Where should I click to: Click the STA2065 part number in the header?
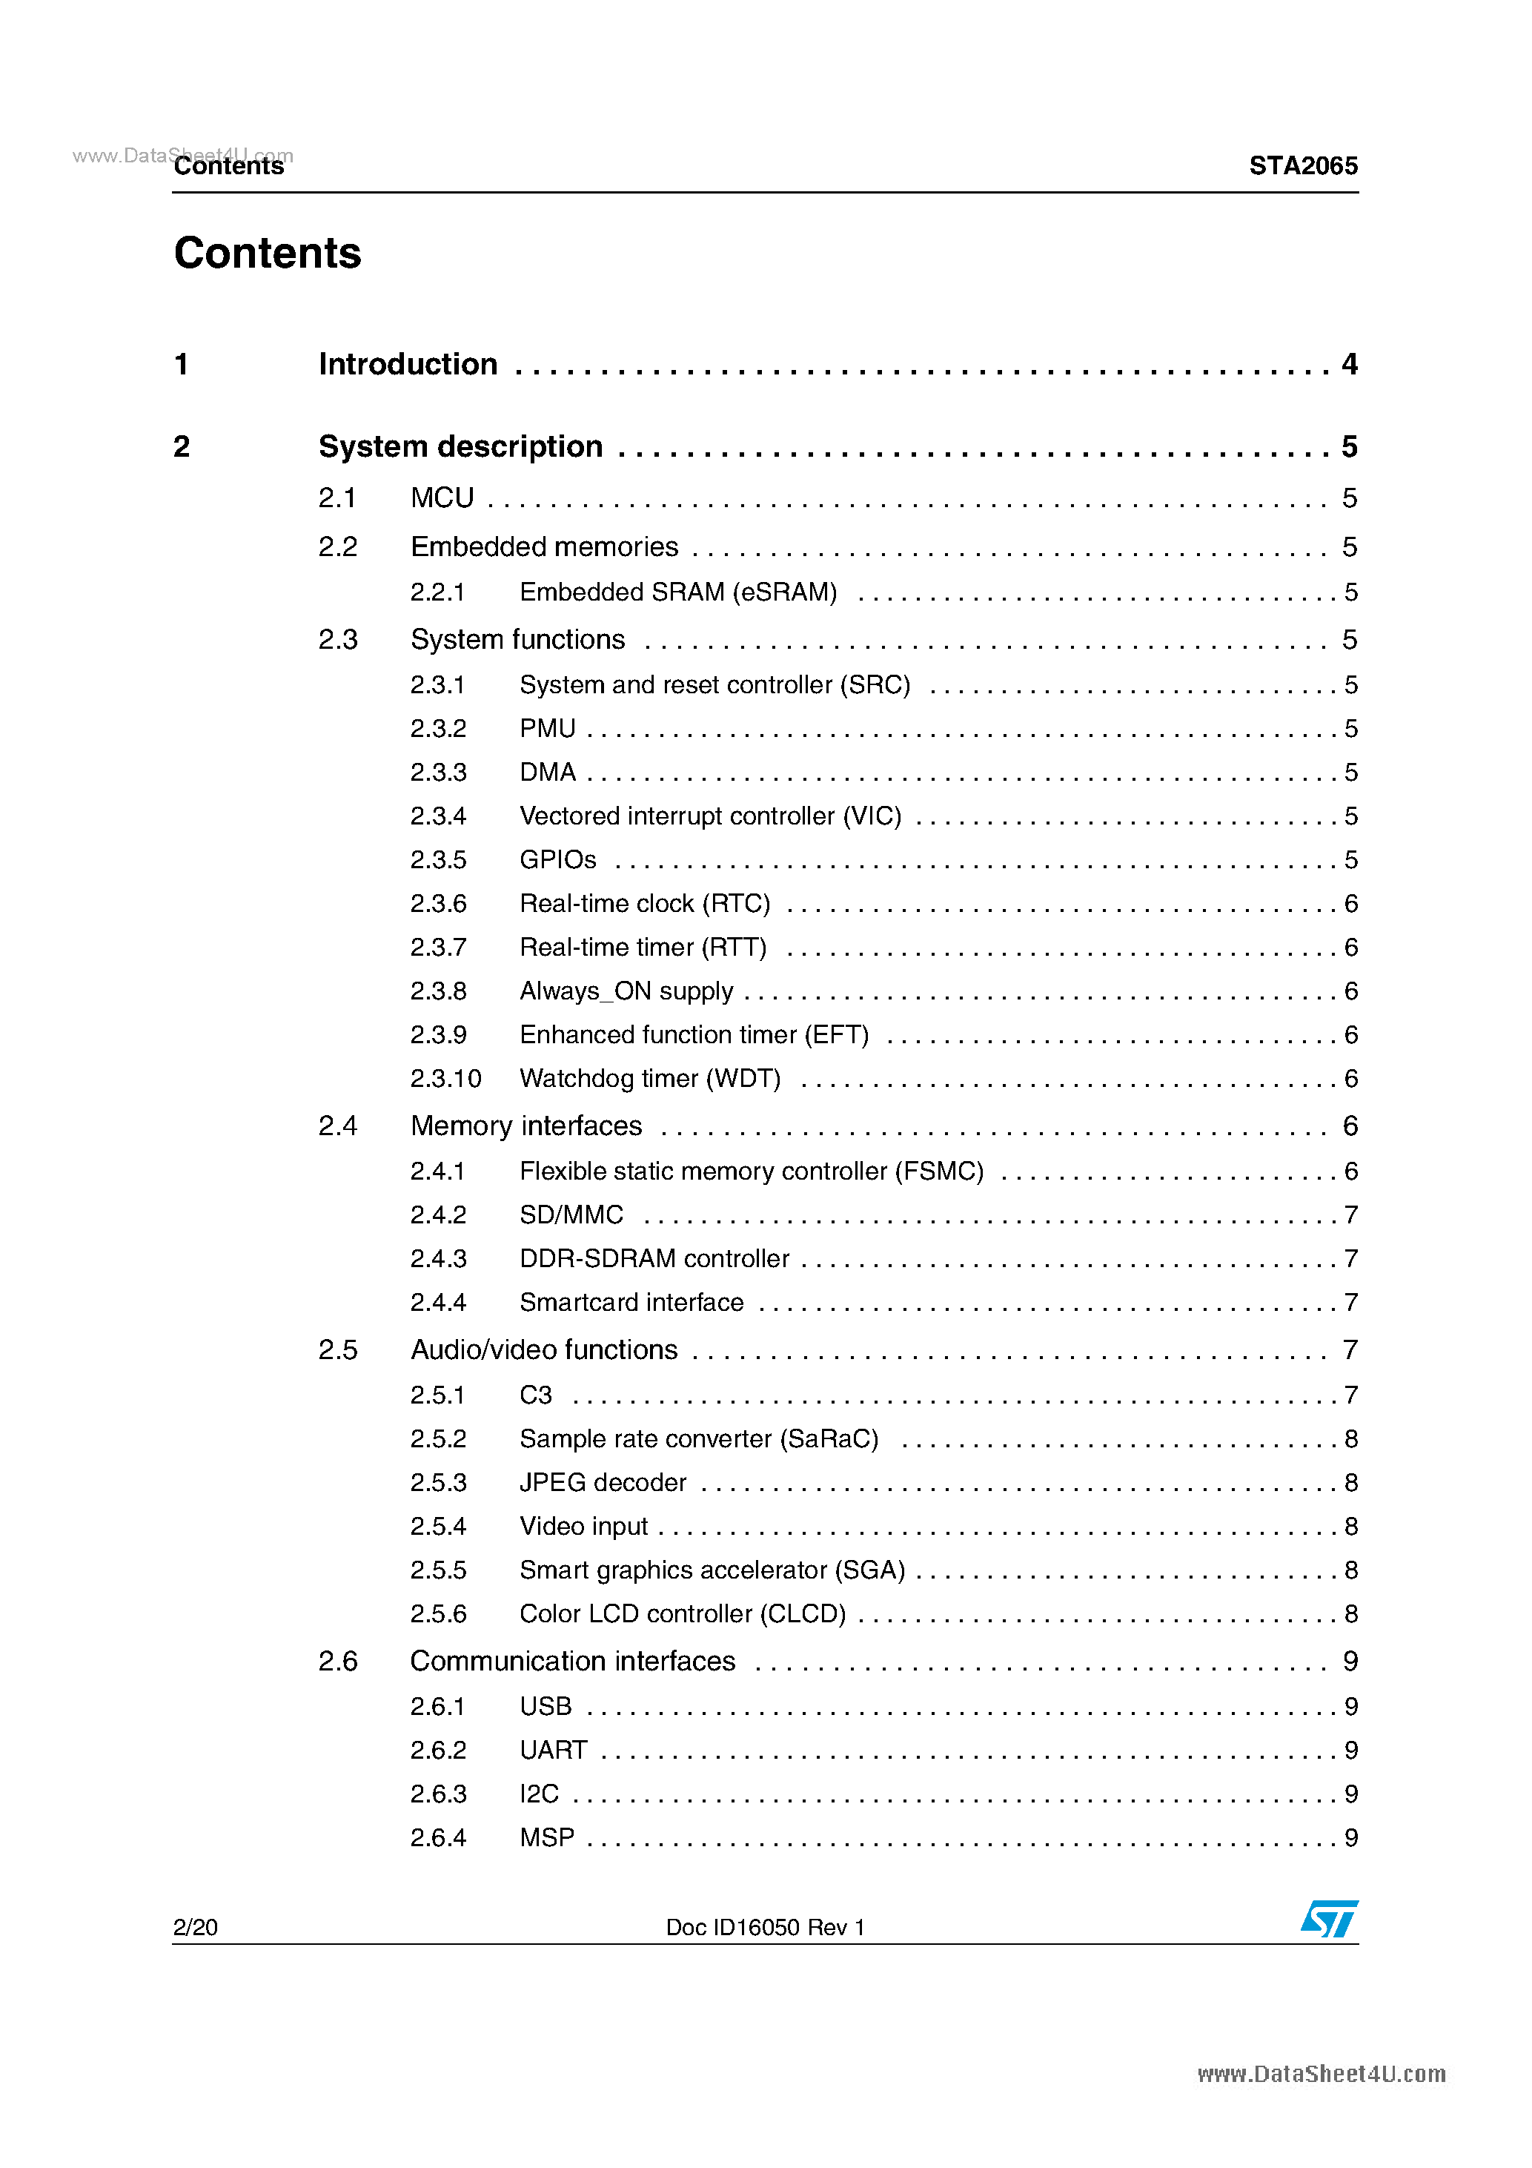1303,166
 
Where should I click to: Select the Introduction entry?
408,365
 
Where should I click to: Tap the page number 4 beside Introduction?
1349,365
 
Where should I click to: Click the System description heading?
461,446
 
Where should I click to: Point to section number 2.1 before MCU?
337,498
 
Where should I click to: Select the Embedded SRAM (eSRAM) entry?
677,592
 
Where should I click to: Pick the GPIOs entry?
558,859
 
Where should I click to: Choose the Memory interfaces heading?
525,1126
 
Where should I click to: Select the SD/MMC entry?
571,1214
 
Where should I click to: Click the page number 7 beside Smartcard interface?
1350,1302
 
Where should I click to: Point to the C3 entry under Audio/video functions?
535,1395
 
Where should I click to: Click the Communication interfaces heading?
572,1661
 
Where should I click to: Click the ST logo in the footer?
1329,1920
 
